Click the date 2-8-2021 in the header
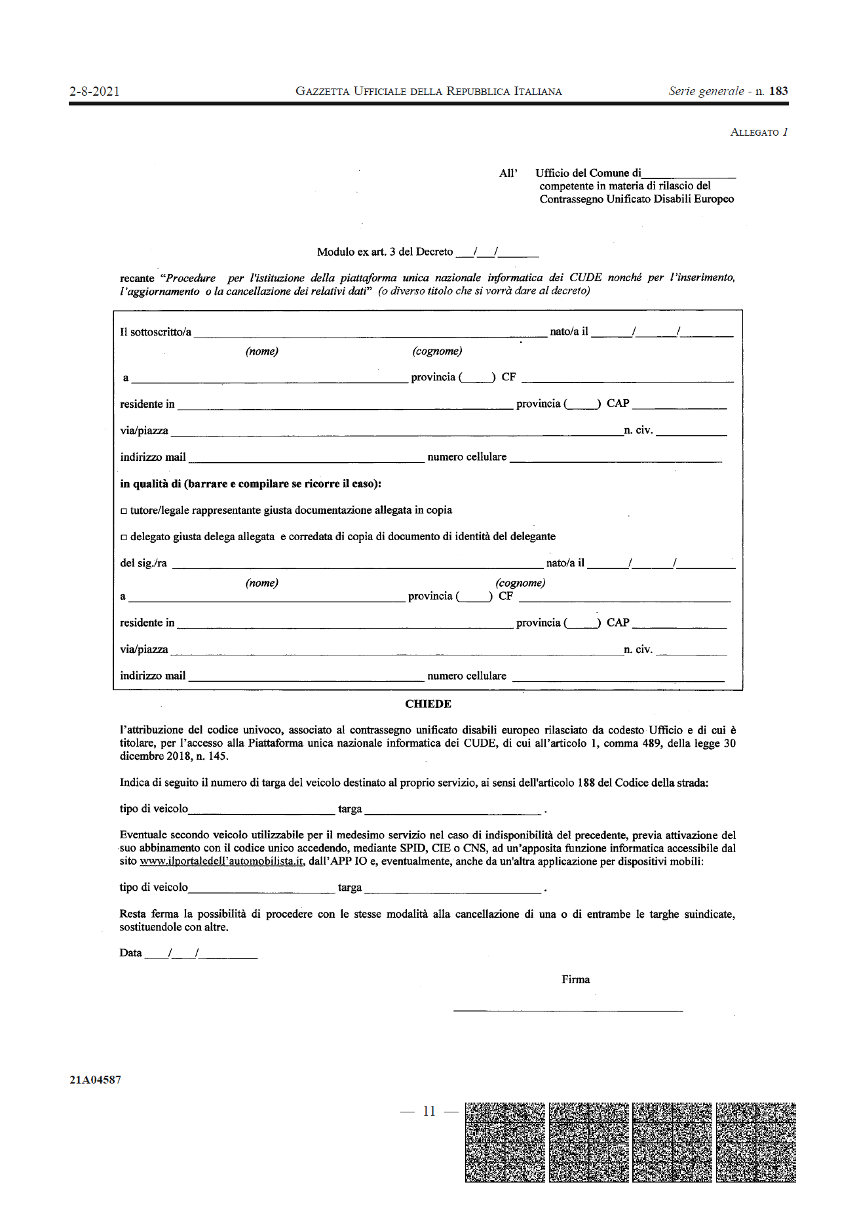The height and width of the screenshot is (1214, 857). click(94, 92)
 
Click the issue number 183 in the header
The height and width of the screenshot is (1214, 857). click(778, 91)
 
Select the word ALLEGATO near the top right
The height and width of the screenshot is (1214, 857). click(754, 132)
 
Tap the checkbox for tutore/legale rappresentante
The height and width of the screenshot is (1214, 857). click(124, 511)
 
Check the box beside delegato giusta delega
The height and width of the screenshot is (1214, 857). click(124, 538)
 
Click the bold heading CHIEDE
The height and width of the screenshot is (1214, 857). click(428, 704)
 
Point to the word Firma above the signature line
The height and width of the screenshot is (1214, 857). click(575, 979)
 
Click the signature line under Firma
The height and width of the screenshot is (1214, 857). click(567, 1010)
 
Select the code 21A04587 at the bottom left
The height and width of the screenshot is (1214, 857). click(96, 1080)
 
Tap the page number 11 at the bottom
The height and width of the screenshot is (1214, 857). click(429, 1111)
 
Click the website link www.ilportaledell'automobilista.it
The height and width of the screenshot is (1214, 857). click(221, 861)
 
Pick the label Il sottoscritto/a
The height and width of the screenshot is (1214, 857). click(155, 332)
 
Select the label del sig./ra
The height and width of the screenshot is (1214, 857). click(143, 563)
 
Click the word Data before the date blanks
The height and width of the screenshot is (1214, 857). click(130, 953)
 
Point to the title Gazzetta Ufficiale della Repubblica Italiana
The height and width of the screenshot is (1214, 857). click(428, 92)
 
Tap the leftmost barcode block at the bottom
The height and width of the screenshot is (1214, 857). click(505, 1142)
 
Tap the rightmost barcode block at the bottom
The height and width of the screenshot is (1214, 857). click(755, 1142)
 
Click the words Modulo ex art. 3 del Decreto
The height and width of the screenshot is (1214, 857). click(385, 252)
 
